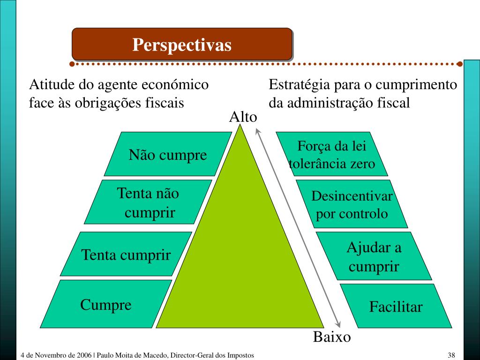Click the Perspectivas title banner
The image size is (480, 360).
click(182, 45)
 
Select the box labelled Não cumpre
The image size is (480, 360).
click(168, 154)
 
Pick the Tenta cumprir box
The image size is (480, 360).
click(126, 255)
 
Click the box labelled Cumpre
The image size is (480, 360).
click(106, 305)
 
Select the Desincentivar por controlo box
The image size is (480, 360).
click(352, 204)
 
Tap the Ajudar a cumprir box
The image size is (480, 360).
click(374, 256)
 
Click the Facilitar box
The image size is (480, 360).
click(396, 307)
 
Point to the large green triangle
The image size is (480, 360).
click(240, 262)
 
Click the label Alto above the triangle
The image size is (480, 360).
click(243, 117)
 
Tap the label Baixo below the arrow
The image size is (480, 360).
click(332, 337)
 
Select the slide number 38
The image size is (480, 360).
click(451, 355)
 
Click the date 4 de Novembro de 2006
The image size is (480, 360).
click(56, 355)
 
